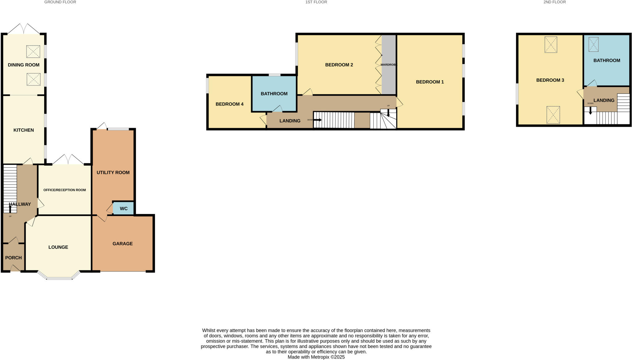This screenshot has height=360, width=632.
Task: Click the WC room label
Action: [123, 209]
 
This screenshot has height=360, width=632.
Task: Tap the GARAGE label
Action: [123, 244]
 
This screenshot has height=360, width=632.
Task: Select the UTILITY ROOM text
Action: [113, 173]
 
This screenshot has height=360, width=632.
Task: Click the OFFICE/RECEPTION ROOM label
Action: [64, 190]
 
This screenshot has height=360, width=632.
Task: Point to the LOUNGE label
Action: [58, 247]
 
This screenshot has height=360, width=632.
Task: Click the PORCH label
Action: [13, 258]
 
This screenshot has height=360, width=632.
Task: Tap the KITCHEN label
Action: [23, 130]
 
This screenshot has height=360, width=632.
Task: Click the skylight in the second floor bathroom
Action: [593, 44]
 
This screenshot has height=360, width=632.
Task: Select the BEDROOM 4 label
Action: [229, 104]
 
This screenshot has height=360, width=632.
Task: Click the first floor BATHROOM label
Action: [274, 94]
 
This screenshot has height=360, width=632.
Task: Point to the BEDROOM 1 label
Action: [430, 82]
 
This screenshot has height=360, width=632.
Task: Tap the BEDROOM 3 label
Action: [550, 80]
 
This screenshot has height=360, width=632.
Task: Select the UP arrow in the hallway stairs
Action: [10, 209]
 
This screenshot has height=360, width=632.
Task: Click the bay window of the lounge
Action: [59, 278]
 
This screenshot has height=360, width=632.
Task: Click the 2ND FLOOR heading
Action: [555, 2]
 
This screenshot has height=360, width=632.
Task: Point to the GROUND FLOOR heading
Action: [60, 2]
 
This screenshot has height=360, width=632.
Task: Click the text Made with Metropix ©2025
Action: [316, 357]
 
